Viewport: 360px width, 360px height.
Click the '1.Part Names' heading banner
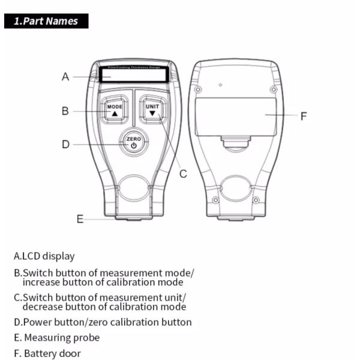(x=46, y=21)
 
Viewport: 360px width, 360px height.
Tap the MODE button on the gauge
(x=115, y=110)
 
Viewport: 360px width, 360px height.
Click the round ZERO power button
(x=133, y=142)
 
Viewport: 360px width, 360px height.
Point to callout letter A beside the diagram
(x=66, y=77)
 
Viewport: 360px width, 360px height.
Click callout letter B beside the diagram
(x=65, y=111)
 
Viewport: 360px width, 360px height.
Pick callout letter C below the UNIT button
(x=184, y=174)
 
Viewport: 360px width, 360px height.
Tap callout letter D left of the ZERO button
(x=66, y=144)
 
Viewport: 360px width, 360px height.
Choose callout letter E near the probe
(x=80, y=219)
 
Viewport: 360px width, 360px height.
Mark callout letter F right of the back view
(x=304, y=116)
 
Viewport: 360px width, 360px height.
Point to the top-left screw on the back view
(x=198, y=90)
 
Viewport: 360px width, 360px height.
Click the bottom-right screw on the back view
(x=256, y=199)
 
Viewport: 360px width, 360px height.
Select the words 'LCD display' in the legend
(x=49, y=256)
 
